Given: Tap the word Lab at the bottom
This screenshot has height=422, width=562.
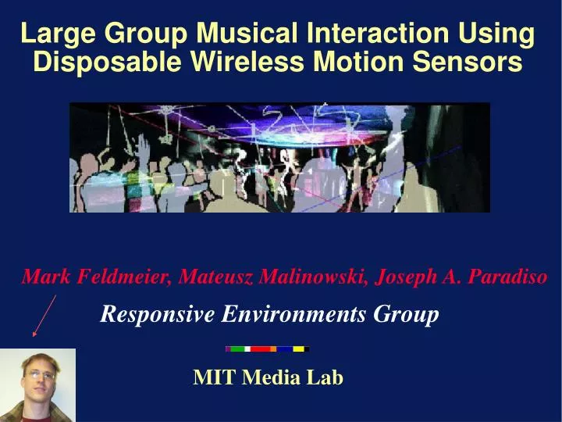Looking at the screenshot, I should click(x=325, y=377).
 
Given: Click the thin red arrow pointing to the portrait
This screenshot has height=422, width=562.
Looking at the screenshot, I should click(x=44, y=314).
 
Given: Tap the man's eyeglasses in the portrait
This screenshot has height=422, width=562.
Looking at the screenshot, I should click(x=39, y=376).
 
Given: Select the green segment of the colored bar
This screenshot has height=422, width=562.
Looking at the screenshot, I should click(x=237, y=349).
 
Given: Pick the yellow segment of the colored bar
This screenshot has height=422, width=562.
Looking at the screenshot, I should click(x=298, y=349).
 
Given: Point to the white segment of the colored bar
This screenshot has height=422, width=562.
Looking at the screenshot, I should click(x=247, y=349).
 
